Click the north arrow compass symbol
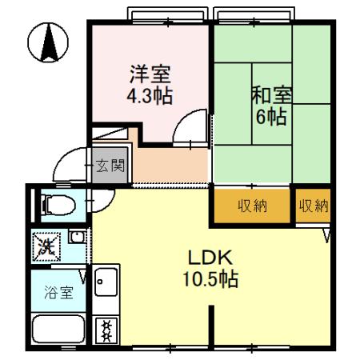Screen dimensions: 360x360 point(47,42)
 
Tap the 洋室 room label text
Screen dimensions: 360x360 point(150,76)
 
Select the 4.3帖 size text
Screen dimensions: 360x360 point(150,96)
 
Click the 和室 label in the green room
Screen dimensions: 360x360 point(272,95)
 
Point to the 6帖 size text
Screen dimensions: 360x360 point(272,116)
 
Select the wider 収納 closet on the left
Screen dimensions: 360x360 point(251,206)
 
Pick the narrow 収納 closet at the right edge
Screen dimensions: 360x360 point(313,206)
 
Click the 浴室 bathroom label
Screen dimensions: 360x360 point(56,292)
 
